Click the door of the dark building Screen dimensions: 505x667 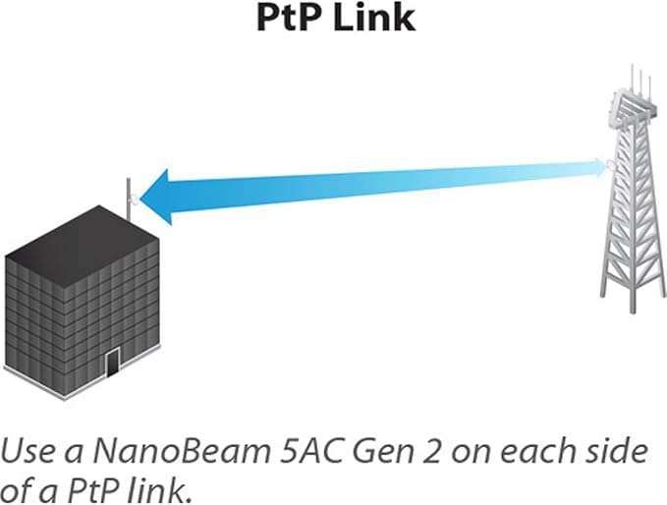(113, 362)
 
